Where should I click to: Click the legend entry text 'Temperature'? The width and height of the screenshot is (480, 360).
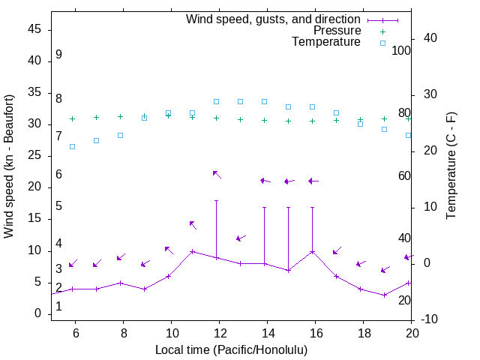pos(326,42)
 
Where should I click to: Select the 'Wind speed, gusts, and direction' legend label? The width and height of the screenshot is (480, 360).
pos(274,19)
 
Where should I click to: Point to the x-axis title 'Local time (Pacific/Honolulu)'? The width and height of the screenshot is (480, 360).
pos(231,349)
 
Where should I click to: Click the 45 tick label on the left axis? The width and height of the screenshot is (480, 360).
pos(34,30)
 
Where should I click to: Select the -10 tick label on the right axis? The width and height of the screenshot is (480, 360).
pos(430,320)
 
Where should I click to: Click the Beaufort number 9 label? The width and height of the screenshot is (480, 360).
pos(58,55)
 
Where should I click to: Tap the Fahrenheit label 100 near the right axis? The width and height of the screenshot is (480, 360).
pos(402,50)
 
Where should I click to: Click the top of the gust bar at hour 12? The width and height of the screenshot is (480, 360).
pos(217,200)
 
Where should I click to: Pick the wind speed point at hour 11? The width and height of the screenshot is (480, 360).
pos(193,251)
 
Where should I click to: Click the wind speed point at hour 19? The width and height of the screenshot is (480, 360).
pos(385,295)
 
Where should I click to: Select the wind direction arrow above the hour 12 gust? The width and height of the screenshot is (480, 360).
pos(217,174)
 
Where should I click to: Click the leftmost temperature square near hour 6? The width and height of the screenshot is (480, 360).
pos(73,146)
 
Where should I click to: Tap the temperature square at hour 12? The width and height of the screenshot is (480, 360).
pos(217,101)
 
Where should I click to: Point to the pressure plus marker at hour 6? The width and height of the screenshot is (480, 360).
pos(73,118)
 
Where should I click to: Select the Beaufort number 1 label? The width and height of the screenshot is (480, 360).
pos(58,306)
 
